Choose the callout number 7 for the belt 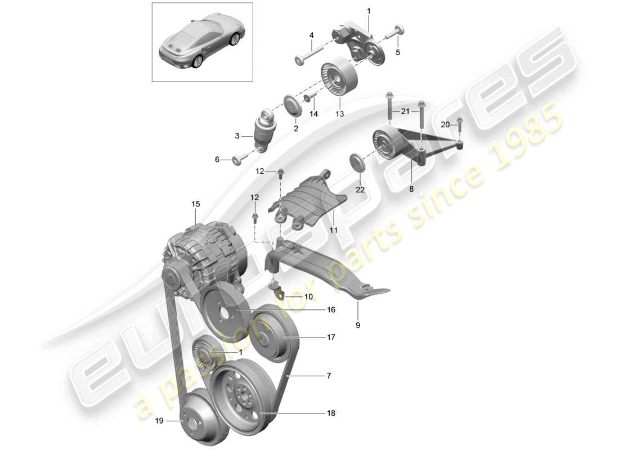(329, 375)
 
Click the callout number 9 (358, 325)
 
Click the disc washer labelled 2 (292, 107)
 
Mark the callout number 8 (411, 190)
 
